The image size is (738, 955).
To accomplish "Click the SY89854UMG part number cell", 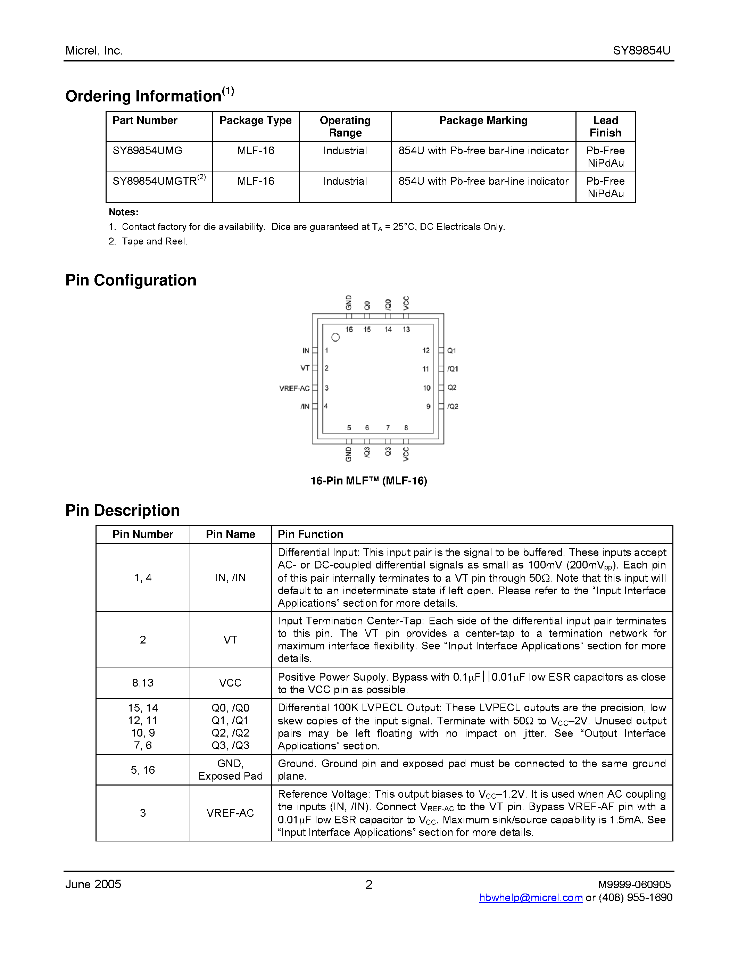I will click(147, 151).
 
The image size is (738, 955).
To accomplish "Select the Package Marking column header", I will click(483, 121).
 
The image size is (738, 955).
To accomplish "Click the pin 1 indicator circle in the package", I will click(335, 338).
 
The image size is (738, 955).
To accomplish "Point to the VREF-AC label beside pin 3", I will click(294, 388).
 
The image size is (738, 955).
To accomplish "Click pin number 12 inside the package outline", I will click(426, 351).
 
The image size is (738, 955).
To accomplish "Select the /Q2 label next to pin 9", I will click(453, 407).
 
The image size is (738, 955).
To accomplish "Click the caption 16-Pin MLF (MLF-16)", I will click(368, 481).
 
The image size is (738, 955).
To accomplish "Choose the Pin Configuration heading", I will click(131, 280).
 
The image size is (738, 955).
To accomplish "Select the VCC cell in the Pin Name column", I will click(230, 683).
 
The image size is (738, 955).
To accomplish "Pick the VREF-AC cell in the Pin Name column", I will click(230, 813).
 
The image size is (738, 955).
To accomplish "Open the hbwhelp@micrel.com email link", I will click(531, 898).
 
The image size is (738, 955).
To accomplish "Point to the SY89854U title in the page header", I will click(641, 51).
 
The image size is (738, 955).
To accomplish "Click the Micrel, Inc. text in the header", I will click(94, 51).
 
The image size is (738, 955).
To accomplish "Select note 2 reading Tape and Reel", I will click(148, 241).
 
